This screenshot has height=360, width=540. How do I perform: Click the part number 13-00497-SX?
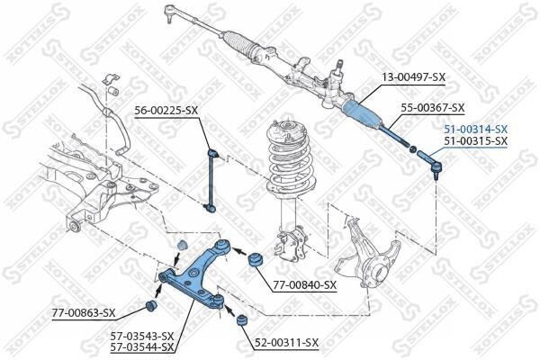click(413, 77)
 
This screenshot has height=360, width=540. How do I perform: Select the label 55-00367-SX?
click(433, 108)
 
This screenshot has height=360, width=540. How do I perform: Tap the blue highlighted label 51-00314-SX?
click(475, 130)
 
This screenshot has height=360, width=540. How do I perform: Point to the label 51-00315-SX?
click(475, 140)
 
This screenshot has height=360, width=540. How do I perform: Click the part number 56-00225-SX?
click(166, 110)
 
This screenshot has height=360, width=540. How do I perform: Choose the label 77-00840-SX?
click(305, 285)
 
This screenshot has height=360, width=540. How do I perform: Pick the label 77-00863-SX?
click(84, 313)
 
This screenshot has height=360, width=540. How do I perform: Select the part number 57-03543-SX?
click(142, 336)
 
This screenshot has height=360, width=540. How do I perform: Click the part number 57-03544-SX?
click(142, 346)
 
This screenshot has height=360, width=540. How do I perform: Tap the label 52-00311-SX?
click(287, 342)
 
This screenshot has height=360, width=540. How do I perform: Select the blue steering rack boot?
click(363, 113)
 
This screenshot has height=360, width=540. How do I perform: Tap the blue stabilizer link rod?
click(212, 179)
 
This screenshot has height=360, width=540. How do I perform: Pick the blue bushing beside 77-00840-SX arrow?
click(256, 259)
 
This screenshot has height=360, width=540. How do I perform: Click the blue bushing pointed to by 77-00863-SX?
click(151, 305)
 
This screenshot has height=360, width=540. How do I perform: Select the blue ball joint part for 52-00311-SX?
click(242, 320)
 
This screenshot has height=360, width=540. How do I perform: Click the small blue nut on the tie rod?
click(412, 149)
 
